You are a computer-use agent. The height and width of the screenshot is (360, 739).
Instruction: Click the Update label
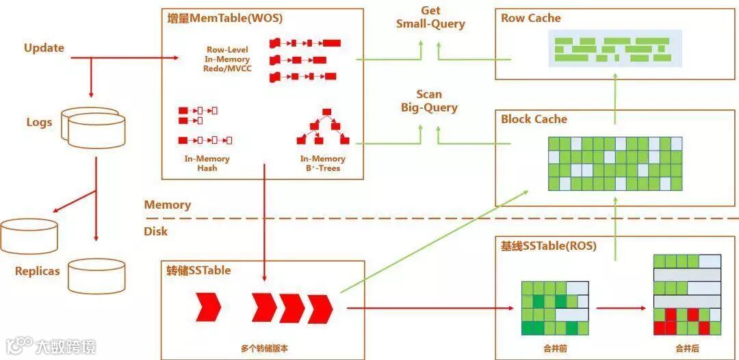(x=44, y=48)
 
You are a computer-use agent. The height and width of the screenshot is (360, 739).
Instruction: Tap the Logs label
(x=39, y=123)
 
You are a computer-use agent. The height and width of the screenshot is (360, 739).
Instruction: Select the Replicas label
(x=37, y=271)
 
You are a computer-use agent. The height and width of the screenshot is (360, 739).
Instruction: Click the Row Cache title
(x=530, y=18)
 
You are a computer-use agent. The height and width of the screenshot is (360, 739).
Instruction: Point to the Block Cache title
(x=534, y=119)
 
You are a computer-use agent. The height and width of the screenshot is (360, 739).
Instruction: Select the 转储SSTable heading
(x=198, y=270)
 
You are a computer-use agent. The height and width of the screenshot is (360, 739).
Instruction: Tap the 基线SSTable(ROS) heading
(x=548, y=246)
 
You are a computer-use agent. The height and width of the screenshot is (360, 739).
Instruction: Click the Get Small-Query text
(x=430, y=18)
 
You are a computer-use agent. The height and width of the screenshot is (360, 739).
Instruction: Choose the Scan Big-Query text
(x=429, y=101)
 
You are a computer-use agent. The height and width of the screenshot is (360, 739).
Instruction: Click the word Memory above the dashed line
(x=167, y=205)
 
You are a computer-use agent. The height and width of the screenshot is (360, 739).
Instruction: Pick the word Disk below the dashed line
(x=155, y=231)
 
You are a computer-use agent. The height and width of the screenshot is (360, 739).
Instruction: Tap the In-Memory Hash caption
(x=207, y=164)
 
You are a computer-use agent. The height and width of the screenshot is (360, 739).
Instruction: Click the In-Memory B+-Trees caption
(x=323, y=164)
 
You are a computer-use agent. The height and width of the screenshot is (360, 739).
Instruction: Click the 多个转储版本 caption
(x=265, y=348)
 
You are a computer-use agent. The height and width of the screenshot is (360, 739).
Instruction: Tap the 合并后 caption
(x=687, y=348)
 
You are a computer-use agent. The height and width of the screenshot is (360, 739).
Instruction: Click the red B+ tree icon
(x=323, y=127)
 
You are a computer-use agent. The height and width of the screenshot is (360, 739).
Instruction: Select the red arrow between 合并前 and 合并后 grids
(x=621, y=308)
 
